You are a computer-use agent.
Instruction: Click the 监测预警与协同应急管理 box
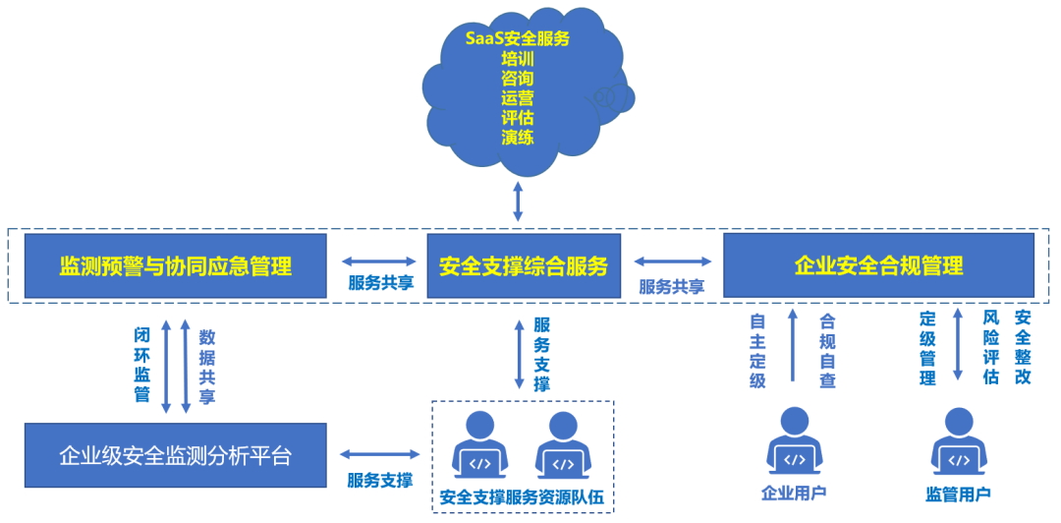[176, 265]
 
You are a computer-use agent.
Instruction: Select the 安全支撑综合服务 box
[524, 265]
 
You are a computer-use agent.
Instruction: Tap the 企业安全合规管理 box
[878, 265]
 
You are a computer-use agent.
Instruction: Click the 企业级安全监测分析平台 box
[176, 455]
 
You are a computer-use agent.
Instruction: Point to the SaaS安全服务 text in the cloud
[518, 38]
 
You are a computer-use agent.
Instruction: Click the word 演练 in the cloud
[518, 138]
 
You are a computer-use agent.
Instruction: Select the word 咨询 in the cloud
[518, 78]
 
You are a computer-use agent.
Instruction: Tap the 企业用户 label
[793, 493]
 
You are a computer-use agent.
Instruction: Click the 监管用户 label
[958, 493]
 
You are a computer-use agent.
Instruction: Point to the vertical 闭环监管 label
[142, 365]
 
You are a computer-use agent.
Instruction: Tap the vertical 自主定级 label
[757, 350]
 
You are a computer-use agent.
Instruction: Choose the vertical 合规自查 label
[827, 350]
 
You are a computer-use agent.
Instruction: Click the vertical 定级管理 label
[927, 350]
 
